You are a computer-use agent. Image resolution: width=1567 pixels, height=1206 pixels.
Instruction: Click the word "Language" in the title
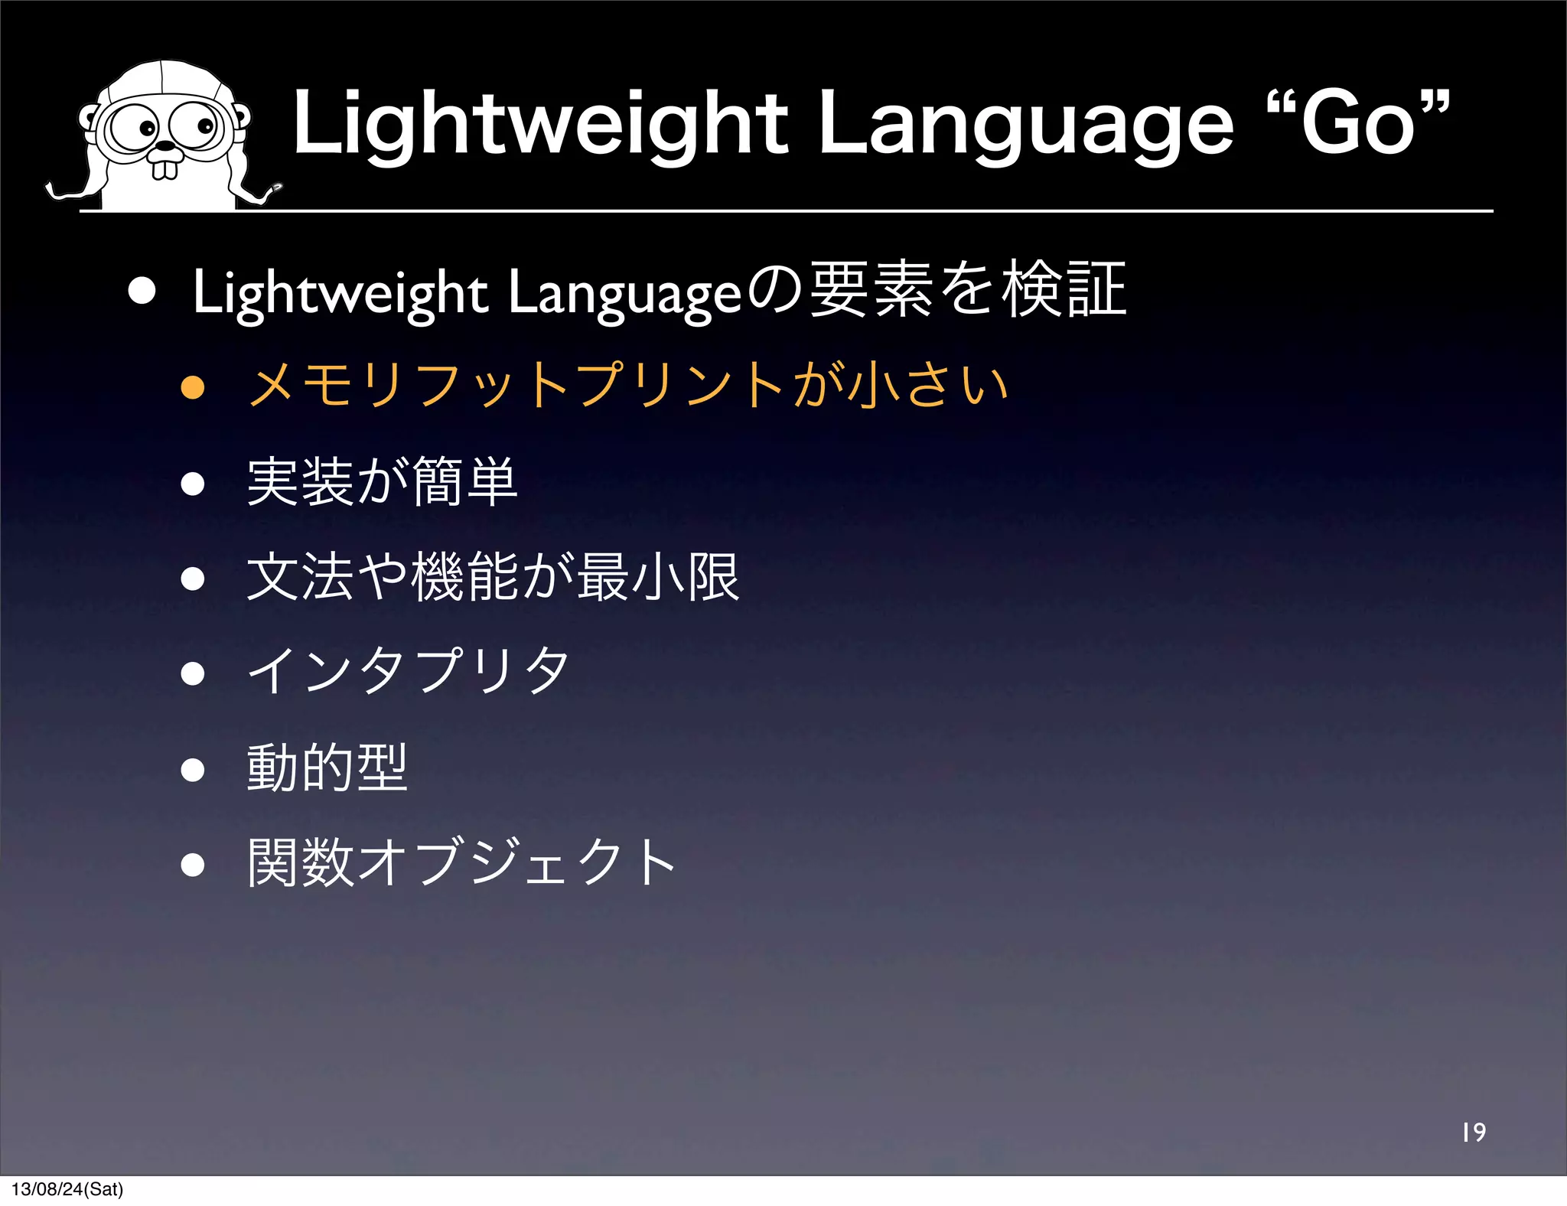1025,124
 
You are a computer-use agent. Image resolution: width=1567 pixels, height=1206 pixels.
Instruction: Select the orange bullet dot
193,387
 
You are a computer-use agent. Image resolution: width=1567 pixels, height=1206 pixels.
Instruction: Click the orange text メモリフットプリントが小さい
627,385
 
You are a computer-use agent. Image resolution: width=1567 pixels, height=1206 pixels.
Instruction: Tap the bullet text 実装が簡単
383,482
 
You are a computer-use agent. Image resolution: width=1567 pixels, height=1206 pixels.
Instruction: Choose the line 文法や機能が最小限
494,578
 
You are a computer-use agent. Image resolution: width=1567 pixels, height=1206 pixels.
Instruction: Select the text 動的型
327,768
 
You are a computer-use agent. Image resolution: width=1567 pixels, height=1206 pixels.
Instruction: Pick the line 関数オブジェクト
461,862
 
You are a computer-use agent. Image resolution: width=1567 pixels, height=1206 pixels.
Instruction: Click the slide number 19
1473,1133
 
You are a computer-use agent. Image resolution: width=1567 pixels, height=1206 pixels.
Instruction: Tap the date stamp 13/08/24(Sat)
67,1189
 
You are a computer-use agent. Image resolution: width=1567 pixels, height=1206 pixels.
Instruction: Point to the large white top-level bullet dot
142,291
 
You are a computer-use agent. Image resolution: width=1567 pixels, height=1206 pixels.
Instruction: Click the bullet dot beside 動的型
193,769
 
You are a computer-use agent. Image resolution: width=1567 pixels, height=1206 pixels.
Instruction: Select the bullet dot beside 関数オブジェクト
193,865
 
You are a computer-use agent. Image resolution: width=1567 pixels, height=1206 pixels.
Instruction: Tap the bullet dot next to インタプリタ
193,673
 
